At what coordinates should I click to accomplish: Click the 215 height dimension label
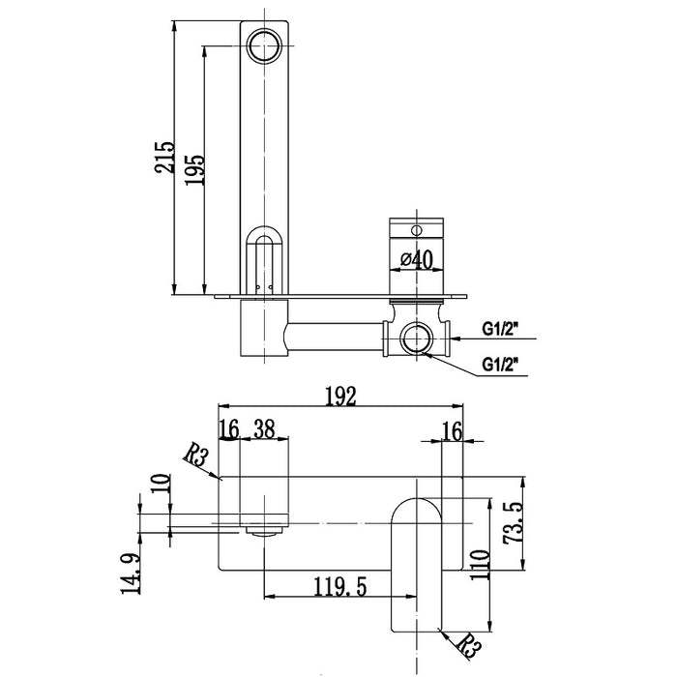(165, 158)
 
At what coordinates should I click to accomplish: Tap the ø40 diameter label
(415, 259)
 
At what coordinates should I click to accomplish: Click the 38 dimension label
(264, 429)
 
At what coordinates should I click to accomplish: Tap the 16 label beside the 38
(228, 429)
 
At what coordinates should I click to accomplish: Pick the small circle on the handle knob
(417, 230)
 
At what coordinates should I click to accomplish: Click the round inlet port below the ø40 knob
(417, 340)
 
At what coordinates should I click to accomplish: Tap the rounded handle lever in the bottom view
(417, 561)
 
